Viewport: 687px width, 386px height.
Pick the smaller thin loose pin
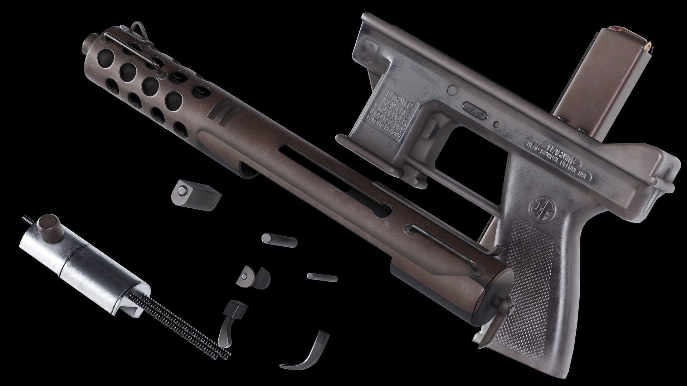pos(322,277)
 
